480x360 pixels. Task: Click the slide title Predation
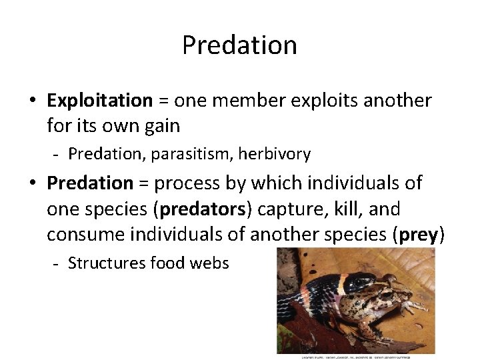coord(239,45)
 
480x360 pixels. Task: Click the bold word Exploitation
coord(100,101)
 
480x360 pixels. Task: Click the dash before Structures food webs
coord(57,264)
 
